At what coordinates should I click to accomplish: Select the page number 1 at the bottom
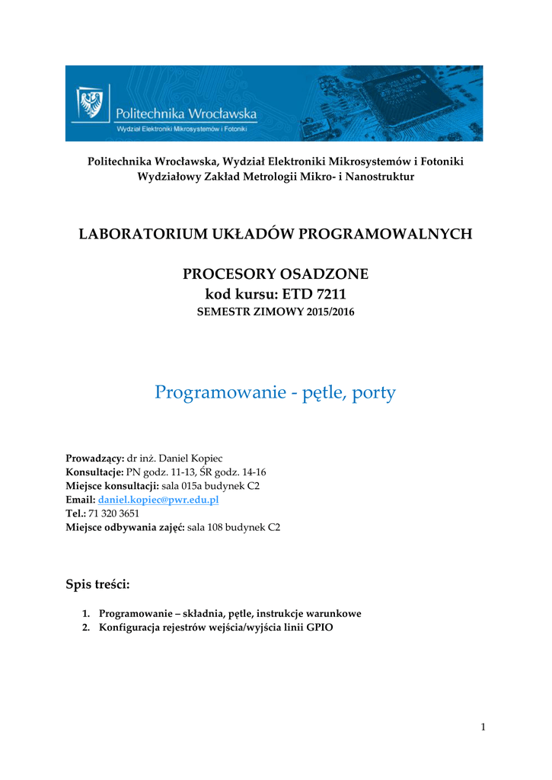point(483,727)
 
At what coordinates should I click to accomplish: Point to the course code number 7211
point(330,294)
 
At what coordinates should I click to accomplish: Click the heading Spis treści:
point(97,584)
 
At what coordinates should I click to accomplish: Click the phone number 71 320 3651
point(113,513)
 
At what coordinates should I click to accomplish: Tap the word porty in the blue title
point(374,392)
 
